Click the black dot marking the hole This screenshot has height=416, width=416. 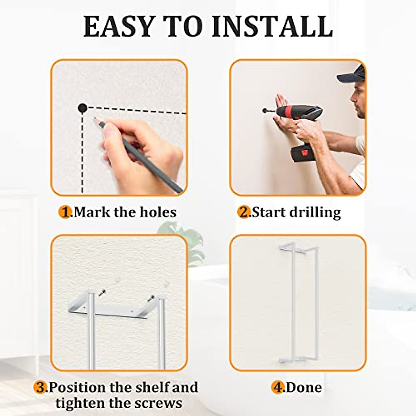[x=82, y=108]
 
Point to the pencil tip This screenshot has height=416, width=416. [x=95, y=119]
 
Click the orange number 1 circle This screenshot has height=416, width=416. [x=65, y=212]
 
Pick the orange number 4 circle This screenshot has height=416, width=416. [x=278, y=387]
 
